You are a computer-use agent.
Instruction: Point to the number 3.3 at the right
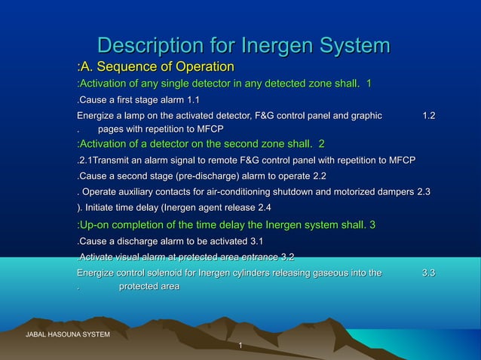coord(428,273)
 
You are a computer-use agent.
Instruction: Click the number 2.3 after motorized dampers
coord(424,192)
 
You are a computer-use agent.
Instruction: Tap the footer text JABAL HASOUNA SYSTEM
coord(68,334)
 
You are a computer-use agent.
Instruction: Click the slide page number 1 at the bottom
coord(240,346)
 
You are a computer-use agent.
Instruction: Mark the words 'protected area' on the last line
coord(149,286)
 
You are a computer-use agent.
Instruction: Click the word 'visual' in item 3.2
coord(130,258)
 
